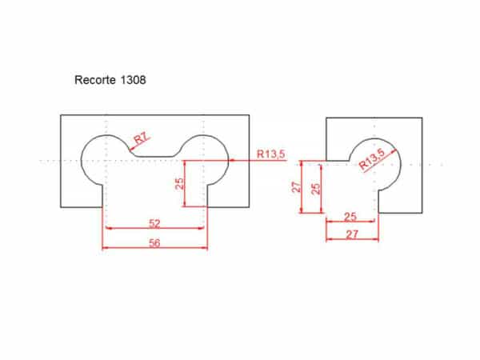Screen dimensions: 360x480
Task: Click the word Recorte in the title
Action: tap(95, 80)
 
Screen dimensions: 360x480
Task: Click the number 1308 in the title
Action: tap(132, 80)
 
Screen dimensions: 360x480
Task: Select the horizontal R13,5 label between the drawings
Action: tap(270, 154)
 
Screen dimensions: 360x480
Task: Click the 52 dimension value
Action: tap(155, 223)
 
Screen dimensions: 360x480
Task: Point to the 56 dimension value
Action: tap(155, 242)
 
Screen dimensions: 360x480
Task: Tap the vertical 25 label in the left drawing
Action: tap(180, 183)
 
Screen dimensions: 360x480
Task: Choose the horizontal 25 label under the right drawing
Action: tap(350, 217)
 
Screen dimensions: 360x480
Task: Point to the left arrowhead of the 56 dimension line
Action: tap(106, 247)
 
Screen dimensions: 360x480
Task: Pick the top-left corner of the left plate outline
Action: tap(61, 115)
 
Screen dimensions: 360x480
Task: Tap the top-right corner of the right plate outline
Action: tap(422, 118)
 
